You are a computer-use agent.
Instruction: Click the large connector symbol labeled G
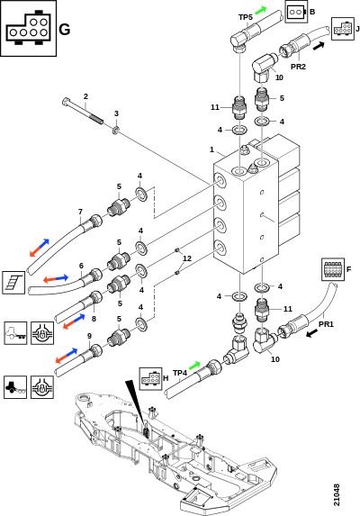click(28, 28)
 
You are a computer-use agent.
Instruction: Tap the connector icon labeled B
click(296, 12)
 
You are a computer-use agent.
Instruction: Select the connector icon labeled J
click(343, 29)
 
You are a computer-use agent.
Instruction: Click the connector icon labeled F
click(333, 269)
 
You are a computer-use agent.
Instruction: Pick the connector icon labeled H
click(150, 379)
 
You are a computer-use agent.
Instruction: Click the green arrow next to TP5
click(260, 10)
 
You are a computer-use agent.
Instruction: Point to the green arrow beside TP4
click(194, 366)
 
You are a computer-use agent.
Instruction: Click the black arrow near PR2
click(319, 46)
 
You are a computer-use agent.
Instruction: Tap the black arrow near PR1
click(312, 333)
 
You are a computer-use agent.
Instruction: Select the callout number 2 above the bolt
click(85, 96)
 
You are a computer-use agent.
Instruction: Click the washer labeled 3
click(116, 130)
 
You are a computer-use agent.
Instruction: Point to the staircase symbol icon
click(13, 283)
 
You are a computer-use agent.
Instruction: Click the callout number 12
click(186, 258)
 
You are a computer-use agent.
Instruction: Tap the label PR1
click(326, 324)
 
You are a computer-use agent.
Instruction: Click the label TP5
click(246, 17)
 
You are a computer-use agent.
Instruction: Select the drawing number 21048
click(336, 494)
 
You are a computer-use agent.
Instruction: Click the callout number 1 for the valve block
click(212, 149)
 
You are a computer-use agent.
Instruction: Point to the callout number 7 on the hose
click(80, 212)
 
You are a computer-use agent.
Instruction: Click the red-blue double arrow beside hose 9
click(67, 356)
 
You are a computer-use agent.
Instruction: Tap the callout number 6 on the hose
click(81, 266)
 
